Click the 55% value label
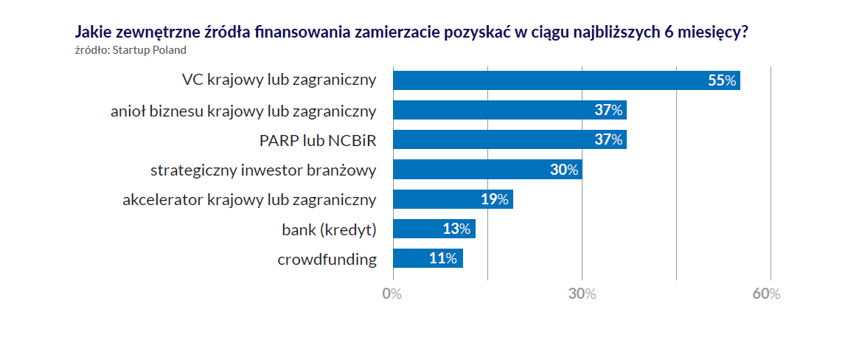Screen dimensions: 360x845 [x=722, y=81]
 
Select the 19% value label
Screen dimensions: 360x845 [x=495, y=199]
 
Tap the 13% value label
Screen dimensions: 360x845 [x=456, y=229]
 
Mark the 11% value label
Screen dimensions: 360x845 [x=443, y=258]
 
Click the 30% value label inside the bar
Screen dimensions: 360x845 [x=564, y=170]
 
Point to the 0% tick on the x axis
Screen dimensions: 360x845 [x=392, y=294]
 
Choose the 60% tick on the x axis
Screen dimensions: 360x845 [x=766, y=294]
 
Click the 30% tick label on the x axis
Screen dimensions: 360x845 [x=582, y=294]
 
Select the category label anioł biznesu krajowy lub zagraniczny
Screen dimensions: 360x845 [x=243, y=111]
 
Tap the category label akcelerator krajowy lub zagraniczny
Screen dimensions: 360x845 [x=249, y=199]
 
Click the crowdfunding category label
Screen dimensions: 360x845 [x=327, y=259]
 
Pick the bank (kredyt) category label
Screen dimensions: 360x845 [x=329, y=229]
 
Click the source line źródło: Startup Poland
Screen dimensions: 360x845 [x=131, y=50]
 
